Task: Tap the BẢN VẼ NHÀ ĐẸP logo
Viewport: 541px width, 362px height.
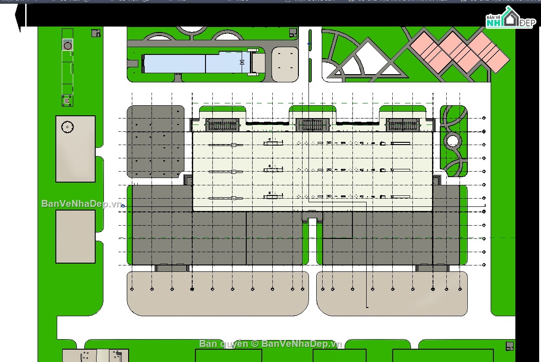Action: pyautogui.click(x=509, y=19)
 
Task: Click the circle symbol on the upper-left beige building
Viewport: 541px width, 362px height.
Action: pyautogui.click(x=67, y=127)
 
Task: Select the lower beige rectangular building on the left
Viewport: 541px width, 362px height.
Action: pyautogui.click(x=76, y=236)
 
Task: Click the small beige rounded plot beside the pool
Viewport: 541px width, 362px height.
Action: pyautogui.click(x=285, y=64)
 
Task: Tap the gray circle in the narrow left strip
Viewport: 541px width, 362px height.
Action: pyautogui.click(x=68, y=45)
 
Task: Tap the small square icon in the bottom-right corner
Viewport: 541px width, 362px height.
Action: pyautogui.click(x=509, y=346)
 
